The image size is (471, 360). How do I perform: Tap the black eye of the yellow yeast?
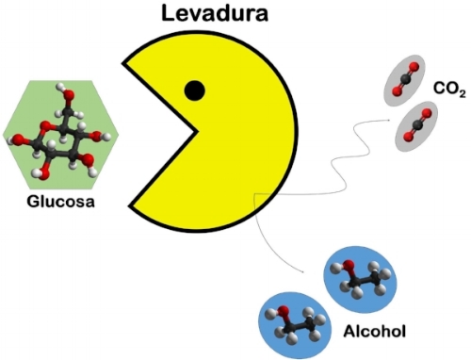coord(194,90)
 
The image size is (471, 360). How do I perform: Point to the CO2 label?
coord(449,90)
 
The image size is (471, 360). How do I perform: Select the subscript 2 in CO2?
coord(463,94)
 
